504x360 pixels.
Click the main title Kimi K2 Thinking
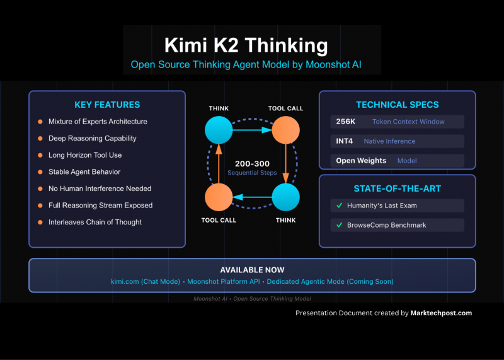(246, 45)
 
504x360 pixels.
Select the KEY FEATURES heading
(107, 105)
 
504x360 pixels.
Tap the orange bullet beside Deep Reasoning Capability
(39, 138)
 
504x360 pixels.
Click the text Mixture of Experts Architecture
(98, 122)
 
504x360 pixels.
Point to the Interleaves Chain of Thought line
(94, 222)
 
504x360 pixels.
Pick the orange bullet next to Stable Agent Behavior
(39, 171)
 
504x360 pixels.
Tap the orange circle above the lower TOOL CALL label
(219, 197)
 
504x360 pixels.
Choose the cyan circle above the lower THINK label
(285, 197)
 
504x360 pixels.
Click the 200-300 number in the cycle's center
(252, 163)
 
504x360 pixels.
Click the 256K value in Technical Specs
(346, 122)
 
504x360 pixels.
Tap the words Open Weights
(361, 161)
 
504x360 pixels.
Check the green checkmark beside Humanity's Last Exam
(339, 206)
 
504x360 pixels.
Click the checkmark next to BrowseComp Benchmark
(339, 225)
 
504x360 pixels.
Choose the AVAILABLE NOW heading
(252, 270)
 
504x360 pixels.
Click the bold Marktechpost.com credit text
(441, 313)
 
